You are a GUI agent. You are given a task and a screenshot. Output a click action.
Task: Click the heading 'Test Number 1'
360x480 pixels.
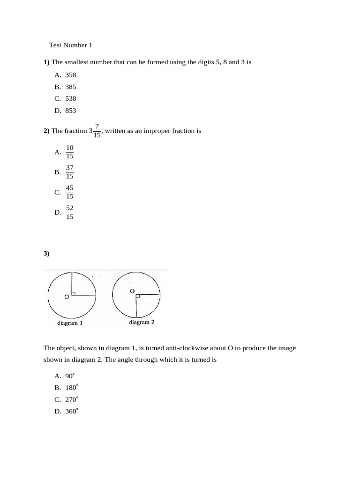[71, 45]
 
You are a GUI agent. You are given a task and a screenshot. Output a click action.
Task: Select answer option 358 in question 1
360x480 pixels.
[70, 75]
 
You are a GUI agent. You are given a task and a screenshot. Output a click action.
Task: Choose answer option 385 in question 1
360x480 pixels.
[70, 87]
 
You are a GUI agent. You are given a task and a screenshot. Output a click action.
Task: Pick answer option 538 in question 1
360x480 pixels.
[70, 98]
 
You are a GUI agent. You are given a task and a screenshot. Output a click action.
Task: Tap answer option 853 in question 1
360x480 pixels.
[70, 111]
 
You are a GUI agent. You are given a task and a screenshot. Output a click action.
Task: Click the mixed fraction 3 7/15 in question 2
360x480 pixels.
[95, 131]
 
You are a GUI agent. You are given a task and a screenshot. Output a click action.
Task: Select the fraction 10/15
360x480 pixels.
[69, 152]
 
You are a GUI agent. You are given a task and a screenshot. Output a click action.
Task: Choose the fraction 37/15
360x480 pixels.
[69, 172]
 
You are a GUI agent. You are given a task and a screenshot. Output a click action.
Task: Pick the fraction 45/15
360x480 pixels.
[69, 192]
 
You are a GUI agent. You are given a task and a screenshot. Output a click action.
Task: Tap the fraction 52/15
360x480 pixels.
[69, 212]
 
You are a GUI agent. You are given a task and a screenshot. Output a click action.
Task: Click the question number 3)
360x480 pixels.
[46, 253]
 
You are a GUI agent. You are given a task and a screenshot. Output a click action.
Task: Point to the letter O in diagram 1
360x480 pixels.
[67, 297]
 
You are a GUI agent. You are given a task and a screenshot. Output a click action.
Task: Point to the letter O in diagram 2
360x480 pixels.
[132, 291]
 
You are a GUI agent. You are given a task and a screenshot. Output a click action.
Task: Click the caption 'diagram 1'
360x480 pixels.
[70, 323]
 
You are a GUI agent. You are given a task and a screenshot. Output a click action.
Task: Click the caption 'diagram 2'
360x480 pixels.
[142, 322]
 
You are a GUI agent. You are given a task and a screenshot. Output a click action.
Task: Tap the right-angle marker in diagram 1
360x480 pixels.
[73, 293]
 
